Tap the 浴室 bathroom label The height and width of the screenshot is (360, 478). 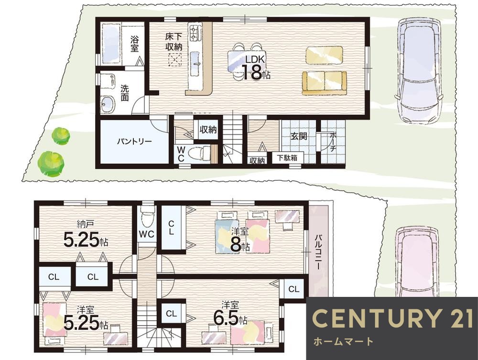point(134,44)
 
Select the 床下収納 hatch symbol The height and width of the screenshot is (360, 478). point(174,60)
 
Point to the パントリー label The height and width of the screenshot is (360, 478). point(134,142)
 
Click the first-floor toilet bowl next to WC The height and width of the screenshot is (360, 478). point(197,153)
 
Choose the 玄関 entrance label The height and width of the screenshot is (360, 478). point(298,136)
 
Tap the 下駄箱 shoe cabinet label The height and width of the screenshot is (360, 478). point(286,158)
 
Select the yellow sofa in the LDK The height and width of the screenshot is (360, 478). point(325,83)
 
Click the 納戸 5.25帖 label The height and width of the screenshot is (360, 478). point(86,235)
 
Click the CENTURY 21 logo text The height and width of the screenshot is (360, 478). point(392,318)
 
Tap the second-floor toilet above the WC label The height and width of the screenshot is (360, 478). point(147,216)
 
